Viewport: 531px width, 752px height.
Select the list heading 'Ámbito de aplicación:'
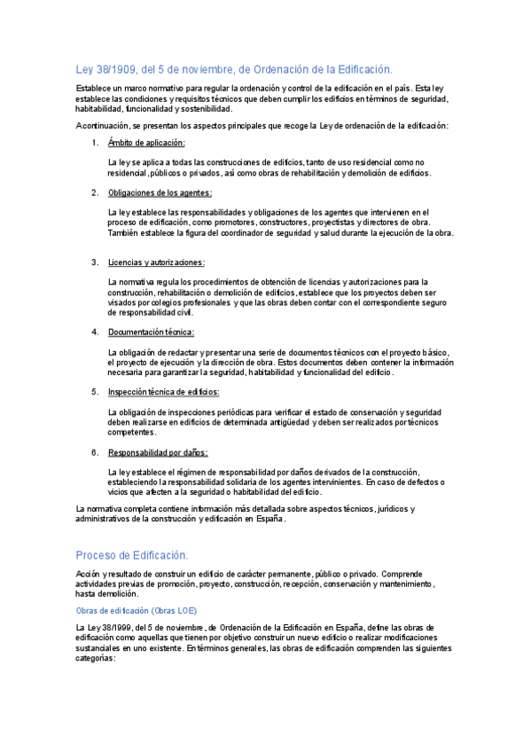[146, 143]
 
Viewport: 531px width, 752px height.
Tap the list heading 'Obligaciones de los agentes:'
[160, 192]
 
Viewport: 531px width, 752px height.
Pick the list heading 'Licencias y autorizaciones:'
[156, 262]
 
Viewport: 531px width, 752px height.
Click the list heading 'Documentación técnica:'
[151, 333]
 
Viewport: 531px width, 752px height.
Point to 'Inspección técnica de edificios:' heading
[163, 392]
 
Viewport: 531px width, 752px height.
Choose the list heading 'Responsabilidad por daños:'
[158, 452]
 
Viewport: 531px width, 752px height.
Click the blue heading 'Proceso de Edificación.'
[132, 555]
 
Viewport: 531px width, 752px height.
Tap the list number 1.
[95, 143]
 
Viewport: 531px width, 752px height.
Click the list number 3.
[95, 262]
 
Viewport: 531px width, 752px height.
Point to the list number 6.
[95, 452]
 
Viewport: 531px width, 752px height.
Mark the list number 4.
[95, 333]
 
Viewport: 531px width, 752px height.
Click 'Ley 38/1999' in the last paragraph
[99, 629]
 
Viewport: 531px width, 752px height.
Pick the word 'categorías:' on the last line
[96, 659]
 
